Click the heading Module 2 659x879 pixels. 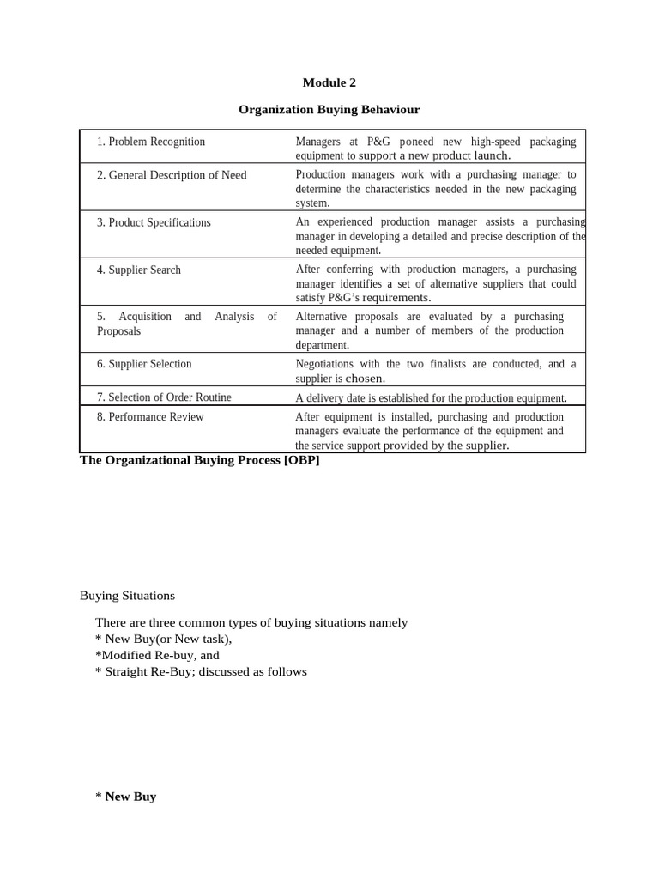coord(329,82)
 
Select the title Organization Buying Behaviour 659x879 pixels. coord(329,109)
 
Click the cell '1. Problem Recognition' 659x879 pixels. coord(151,142)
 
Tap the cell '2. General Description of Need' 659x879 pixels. coord(172,175)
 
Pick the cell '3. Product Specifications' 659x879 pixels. coord(154,222)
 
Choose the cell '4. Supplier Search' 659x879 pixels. coord(139,270)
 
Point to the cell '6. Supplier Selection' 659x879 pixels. coord(144,364)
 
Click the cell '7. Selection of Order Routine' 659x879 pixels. coord(164,397)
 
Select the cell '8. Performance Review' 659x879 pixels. coord(150,416)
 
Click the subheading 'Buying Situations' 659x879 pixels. coord(127,595)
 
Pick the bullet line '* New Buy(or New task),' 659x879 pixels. coord(164,639)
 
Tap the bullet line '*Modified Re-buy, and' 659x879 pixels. coord(157,655)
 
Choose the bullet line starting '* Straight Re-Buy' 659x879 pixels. coord(201,671)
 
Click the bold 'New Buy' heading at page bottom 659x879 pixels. coord(130,797)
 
